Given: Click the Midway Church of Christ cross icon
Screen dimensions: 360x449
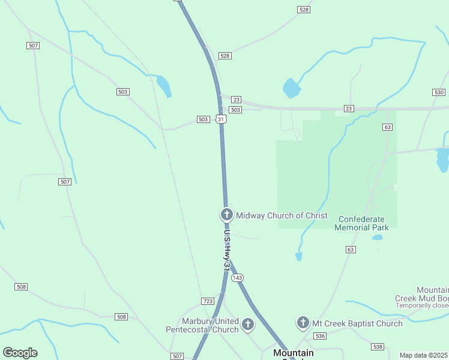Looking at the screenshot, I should [x=226, y=215].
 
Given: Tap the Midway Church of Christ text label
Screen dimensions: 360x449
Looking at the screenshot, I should [x=282, y=215].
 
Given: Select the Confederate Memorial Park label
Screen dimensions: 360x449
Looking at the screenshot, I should [x=361, y=223].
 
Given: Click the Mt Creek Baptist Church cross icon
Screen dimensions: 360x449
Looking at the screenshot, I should [x=303, y=323].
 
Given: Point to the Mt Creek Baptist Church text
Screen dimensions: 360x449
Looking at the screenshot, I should [x=357, y=324].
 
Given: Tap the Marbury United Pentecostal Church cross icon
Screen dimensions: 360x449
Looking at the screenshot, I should [x=247, y=325].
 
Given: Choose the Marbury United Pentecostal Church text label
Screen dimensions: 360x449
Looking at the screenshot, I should [x=202, y=325].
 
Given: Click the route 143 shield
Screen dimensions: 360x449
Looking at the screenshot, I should [x=238, y=278].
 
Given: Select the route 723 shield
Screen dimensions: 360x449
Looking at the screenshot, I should [x=208, y=301].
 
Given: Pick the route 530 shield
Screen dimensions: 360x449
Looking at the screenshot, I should [x=438, y=92].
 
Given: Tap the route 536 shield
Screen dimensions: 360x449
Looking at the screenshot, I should [x=319, y=336].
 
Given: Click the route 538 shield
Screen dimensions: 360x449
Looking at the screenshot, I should [x=378, y=347].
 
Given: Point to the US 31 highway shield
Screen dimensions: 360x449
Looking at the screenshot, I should [x=221, y=119].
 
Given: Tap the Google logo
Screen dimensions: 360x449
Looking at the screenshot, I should [x=20, y=353].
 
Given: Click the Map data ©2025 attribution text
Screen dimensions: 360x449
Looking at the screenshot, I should [x=424, y=355].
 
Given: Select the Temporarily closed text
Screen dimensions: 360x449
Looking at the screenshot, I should [x=422, y=305].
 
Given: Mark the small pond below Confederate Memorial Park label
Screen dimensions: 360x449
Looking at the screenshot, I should [x=377, y=238].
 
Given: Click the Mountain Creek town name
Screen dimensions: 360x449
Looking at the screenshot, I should [x=294, y=353].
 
